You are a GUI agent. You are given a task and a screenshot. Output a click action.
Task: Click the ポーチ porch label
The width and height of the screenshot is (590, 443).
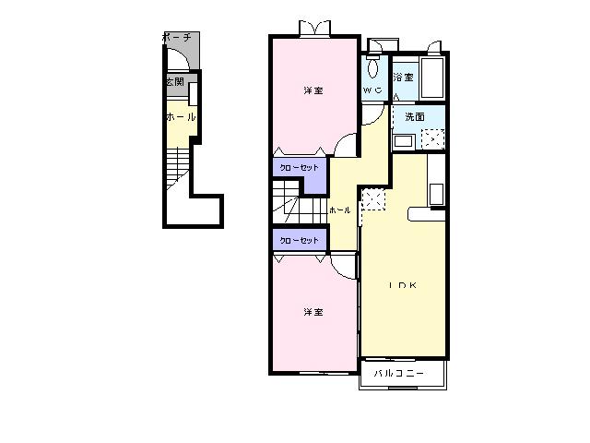click(x=177, y=38)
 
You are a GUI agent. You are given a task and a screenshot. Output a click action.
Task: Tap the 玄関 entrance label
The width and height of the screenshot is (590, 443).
click(x=175, y=82)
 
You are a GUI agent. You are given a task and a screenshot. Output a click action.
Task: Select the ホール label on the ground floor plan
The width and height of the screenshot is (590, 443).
click(x=181, y=117)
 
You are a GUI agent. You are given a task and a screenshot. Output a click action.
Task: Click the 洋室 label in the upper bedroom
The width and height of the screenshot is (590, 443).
click(x=313, y=90)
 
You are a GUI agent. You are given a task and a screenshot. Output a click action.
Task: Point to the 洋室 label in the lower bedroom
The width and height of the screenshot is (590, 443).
click(x=313, y=312)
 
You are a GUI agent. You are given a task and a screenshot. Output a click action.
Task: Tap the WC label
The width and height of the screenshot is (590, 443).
click(x=372, y=90)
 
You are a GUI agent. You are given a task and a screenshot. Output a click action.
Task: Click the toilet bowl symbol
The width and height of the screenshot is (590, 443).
click(x=372, y=67)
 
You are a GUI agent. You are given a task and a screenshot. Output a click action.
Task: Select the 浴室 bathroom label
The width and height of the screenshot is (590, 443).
click(x=403, y=78)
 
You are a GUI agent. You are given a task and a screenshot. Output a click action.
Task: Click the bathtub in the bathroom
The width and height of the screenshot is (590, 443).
click(x=432, y=78)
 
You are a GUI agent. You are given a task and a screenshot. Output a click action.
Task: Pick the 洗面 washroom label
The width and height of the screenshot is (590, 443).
click(x=415, y=117)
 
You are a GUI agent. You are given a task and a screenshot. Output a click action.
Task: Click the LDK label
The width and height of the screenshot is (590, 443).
click(x=403, y=285)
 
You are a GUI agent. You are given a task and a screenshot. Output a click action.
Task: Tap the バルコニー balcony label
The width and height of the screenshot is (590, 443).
click(x=399, y=373)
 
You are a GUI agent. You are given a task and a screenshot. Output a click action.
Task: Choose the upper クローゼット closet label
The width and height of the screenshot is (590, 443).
click(x=299, y=168)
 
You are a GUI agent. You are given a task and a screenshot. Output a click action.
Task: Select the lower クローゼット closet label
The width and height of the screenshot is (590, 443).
click(x=299, y=240)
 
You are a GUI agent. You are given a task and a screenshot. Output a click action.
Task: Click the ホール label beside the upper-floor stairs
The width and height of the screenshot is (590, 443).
click(x=340, y=210)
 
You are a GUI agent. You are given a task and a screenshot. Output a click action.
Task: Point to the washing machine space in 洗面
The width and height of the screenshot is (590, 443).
click(x=432, y=139)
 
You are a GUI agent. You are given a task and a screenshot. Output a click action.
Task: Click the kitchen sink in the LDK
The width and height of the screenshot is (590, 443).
click(x=436, y=195)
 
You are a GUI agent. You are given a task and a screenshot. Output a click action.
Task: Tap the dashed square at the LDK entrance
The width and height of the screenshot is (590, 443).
click(x=373, y=200)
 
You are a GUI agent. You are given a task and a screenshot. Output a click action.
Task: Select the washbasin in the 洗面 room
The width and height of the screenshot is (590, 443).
click(x=404, y=142)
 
